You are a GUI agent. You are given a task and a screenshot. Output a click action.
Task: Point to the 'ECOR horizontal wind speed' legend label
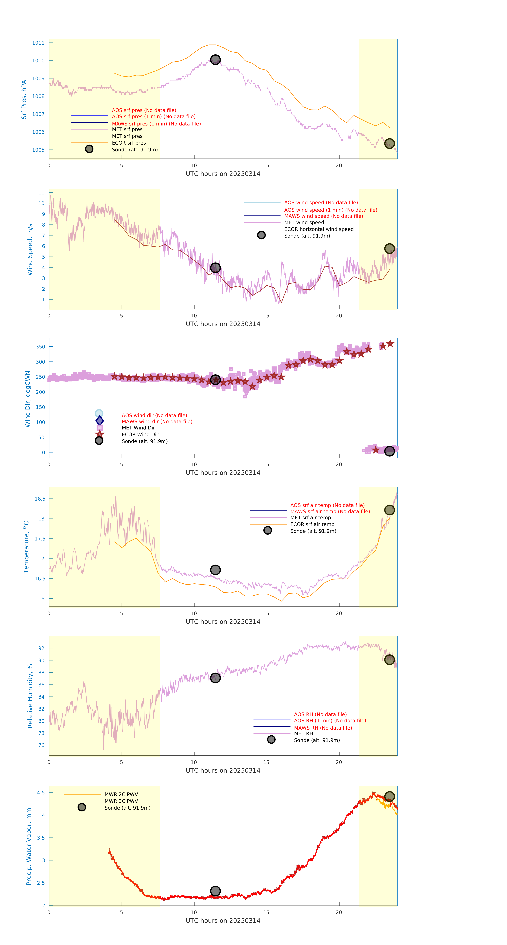coord(319,229)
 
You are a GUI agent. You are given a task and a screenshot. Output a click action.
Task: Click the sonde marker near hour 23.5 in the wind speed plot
coord(389,249)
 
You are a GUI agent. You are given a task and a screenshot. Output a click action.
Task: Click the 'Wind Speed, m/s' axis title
coord(30,249)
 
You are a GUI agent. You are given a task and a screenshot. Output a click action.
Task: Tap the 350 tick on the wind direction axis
coord(40,347)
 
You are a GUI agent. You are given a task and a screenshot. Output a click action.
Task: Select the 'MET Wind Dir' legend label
coord(138,428)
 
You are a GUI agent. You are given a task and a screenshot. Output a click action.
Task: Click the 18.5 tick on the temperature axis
coord(40,499)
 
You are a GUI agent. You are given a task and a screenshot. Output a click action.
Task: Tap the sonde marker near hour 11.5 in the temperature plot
coord(215,570)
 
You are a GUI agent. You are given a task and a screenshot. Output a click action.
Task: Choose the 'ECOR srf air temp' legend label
coord(312,524)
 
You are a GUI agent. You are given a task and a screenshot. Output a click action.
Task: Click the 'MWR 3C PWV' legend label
coord(121,801)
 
